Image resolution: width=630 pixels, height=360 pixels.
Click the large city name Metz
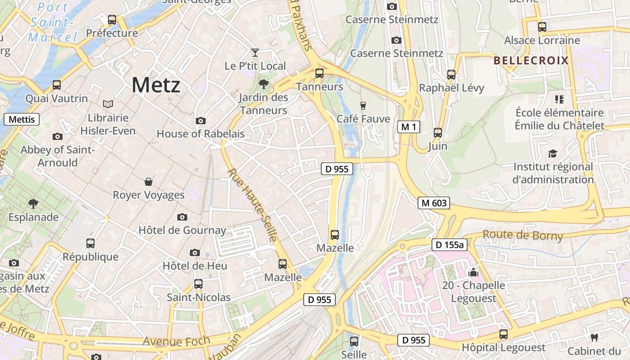pos(156,85)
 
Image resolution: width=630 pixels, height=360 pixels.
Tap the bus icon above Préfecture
pos(112,20)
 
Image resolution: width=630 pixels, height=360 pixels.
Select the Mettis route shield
pos(22,119)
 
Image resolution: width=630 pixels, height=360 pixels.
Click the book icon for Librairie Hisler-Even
pos(108,104)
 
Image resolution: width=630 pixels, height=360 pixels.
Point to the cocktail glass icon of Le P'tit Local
pos(255,53)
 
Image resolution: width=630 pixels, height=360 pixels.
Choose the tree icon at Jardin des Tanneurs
pos(264,84)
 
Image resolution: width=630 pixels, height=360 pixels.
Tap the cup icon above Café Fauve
pos(363,105)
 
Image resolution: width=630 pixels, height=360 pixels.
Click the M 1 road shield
pos(409,127)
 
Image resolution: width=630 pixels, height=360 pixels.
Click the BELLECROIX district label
pos(531,61)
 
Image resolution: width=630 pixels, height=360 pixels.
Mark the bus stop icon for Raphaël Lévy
pos(451,75)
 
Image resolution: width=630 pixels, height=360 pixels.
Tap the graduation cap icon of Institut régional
pos(553,154)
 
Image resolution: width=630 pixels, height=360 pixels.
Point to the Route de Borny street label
pos(522,235)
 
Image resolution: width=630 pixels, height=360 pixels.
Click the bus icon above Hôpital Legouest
pos(504,334)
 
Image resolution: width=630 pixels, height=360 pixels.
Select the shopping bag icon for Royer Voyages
pos(148,182)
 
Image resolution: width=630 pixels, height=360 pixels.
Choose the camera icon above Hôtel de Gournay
pos(182,217)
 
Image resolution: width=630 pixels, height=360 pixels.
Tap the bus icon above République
pos(90,243)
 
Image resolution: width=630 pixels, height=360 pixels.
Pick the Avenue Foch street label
pos(176,341)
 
